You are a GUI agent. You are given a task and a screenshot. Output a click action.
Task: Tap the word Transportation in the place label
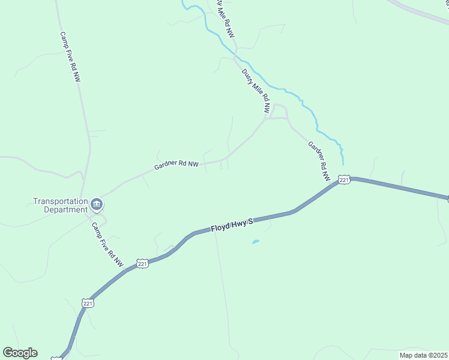tap(61, 202)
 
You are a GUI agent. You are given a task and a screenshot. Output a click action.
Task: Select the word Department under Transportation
tap(66, 209)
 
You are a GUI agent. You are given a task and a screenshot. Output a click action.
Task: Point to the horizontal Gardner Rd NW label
tap(176, 164)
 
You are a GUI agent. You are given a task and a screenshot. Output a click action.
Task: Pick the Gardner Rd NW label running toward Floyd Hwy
tap(319, 161)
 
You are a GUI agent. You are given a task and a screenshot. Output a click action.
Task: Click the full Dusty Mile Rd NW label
tap(256, 91)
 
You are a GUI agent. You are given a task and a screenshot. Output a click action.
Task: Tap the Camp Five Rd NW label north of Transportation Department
tap(70, 57)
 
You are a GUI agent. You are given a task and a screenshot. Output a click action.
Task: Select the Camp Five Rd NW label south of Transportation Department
tap(107, 245)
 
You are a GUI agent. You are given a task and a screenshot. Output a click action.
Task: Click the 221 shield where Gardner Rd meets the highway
tap(343, 179)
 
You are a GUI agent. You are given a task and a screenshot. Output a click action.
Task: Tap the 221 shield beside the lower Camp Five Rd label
tap(142, 263)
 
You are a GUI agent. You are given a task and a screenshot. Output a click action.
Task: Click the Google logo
tap(20, 353)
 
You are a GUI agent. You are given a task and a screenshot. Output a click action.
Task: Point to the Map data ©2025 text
tap(423, 355)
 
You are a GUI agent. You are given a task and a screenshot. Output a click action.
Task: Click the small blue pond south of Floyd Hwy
tap(256, 242)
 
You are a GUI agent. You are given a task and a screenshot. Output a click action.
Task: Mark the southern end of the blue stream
tap(343, 163)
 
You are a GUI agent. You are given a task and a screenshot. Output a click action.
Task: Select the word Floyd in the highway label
tap(220, 228)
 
